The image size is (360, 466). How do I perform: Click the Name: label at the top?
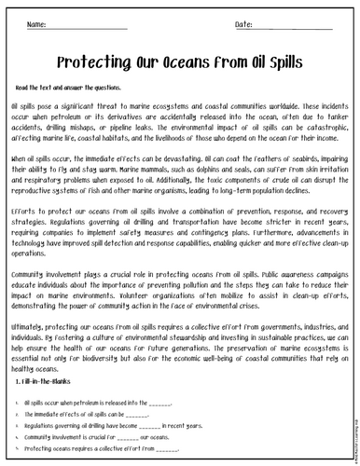(36, 22)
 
